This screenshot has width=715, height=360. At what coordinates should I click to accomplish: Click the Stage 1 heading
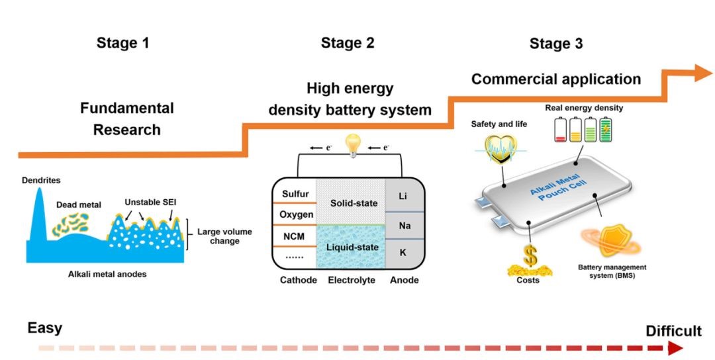pos(122,44)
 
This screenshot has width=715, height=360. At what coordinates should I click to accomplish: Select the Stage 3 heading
pos(556,44)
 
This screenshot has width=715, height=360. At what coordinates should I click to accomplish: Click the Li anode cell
pos(405,197)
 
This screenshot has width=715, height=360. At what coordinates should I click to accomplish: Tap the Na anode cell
pos(405,226)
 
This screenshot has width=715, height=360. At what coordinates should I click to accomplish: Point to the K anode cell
pos(405,252)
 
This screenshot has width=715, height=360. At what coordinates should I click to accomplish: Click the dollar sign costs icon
pos(528,255)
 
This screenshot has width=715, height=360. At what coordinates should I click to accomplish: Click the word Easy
pos(45,328)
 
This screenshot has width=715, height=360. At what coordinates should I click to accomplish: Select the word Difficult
pos(673,331)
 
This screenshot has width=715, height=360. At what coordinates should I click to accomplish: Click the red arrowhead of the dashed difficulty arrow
pos(675,348)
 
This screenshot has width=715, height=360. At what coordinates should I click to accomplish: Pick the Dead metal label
pos(79,204)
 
